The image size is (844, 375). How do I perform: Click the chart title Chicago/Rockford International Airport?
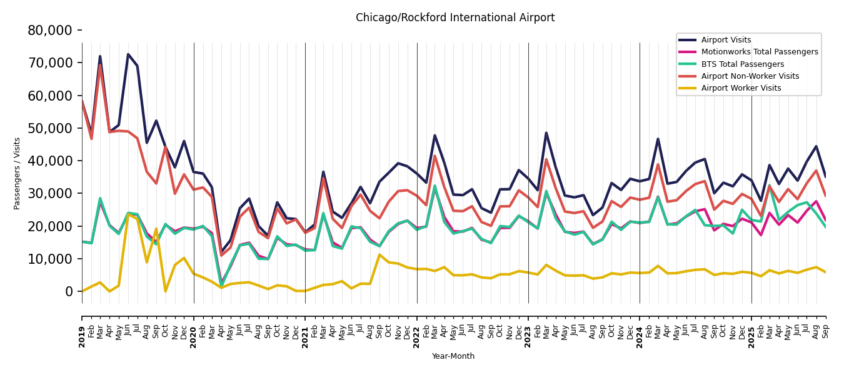455,18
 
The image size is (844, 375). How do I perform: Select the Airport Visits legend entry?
726,40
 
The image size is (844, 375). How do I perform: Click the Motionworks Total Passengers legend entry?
760,52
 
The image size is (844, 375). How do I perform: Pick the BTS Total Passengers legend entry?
742,64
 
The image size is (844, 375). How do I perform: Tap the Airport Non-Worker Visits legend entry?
750,76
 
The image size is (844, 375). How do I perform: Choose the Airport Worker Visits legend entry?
741,88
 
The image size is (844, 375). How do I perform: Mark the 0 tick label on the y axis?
69,291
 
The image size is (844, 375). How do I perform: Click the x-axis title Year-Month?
453,356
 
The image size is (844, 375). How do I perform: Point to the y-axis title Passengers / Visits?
18,173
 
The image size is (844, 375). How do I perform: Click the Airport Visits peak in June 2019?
128,54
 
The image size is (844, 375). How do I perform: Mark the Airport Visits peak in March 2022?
435,135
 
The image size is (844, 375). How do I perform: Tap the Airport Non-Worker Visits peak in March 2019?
100,64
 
